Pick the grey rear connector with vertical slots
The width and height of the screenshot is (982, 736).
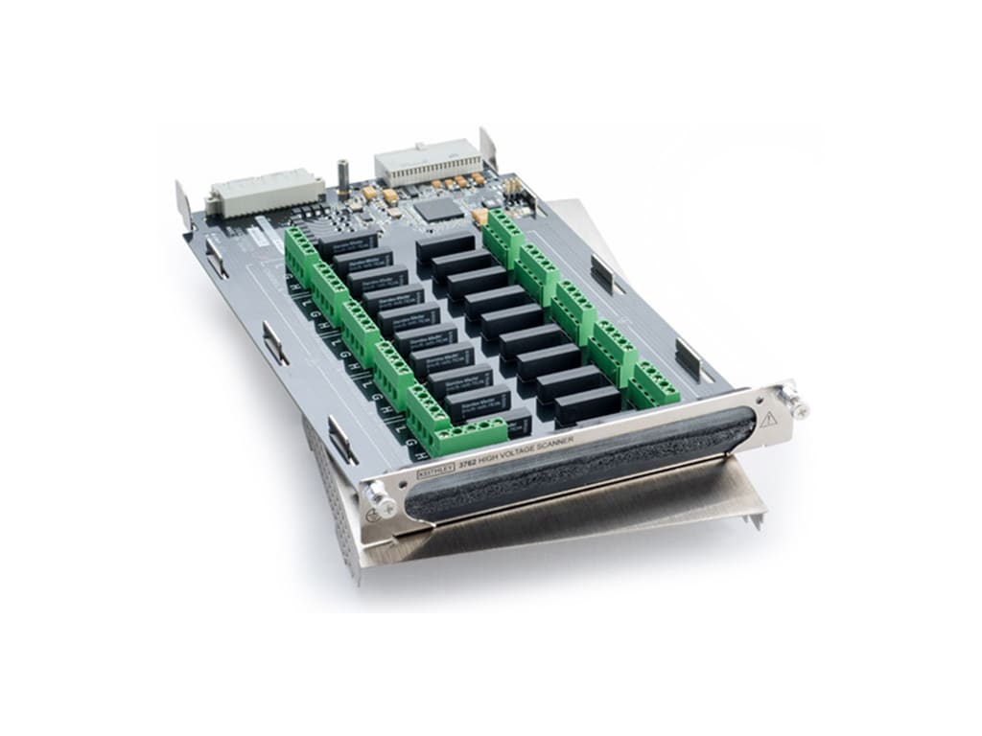tap(426, 165)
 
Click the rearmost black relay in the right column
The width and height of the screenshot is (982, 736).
tap(445, 245)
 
